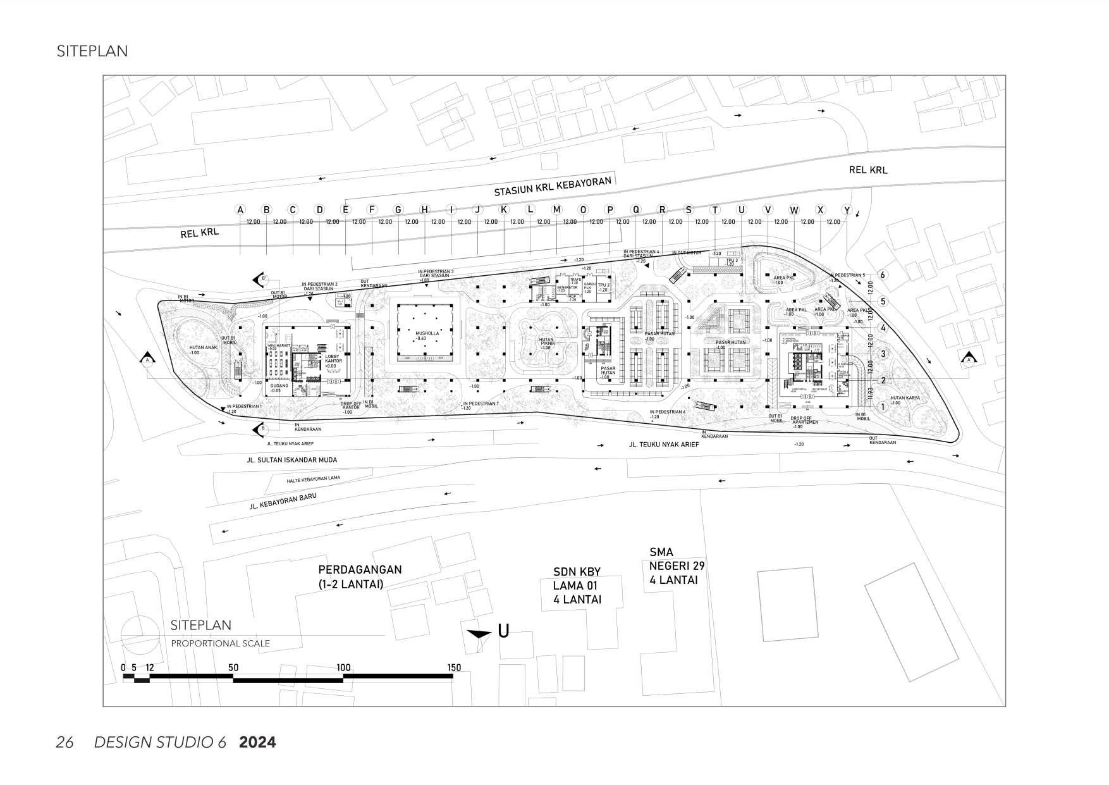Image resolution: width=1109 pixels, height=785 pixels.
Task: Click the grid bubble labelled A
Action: click(240, 210)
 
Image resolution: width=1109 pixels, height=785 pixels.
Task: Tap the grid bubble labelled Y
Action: click(847, 210)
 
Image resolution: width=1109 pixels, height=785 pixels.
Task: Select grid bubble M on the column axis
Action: click(556, 210)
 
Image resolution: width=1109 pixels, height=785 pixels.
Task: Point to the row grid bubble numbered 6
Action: click(883, 275)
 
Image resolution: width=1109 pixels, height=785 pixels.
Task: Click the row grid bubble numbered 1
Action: click(883, 407)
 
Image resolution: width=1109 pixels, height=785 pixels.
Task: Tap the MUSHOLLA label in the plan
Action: click(425, 333)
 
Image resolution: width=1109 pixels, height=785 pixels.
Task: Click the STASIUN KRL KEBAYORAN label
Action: click(553, 187)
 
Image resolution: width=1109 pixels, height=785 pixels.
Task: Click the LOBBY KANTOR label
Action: click(333, 359)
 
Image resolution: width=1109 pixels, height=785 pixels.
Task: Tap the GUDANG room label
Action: click(279, 386)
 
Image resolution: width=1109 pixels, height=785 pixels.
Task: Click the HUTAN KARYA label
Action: click(904, 399)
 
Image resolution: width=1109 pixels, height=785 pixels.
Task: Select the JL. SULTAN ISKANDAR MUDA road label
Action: click(292, 460)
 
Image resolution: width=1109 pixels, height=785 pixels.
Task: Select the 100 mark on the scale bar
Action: click(343, 667)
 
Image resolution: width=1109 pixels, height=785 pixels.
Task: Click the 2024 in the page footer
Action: click(257, 742)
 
